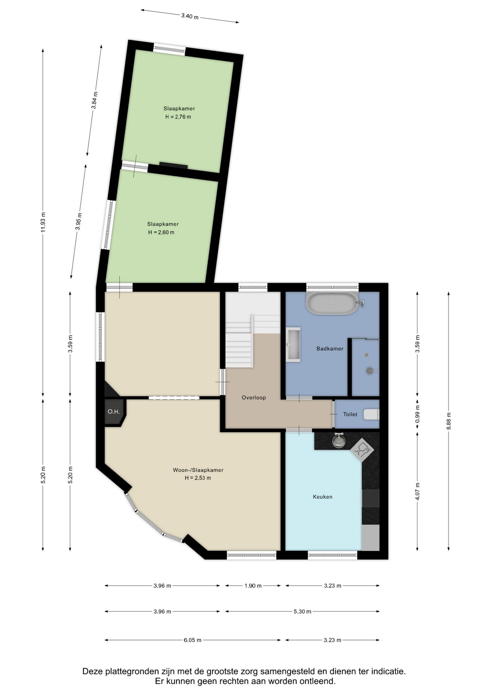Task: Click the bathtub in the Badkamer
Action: click(x=332, y=303)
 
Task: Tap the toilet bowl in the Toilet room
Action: click(x=371, y=414)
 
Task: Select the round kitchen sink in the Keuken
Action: click(x=339, y=441)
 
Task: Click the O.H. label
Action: click(x=114, y=412)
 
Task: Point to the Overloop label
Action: click(x=254, y=397)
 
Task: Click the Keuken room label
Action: click(x=323, y=497)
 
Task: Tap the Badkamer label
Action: click(x=330, y=349)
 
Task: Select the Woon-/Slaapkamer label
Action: click(x=198, y=470)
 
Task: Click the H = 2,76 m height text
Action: click(x=178, y=117)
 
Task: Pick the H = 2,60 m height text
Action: click(x=161, y=232)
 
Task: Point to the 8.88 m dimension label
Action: click(x=449, y=421)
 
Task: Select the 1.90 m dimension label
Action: click(x=253, y=586)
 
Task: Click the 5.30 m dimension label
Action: click(x=302, y=611)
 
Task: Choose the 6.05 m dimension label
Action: click(x=192, y=640)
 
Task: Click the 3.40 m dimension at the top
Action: click(x=190, y=16)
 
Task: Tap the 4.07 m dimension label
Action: click(x=417, y=492)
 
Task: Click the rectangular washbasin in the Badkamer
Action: click(x=293, y=345)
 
